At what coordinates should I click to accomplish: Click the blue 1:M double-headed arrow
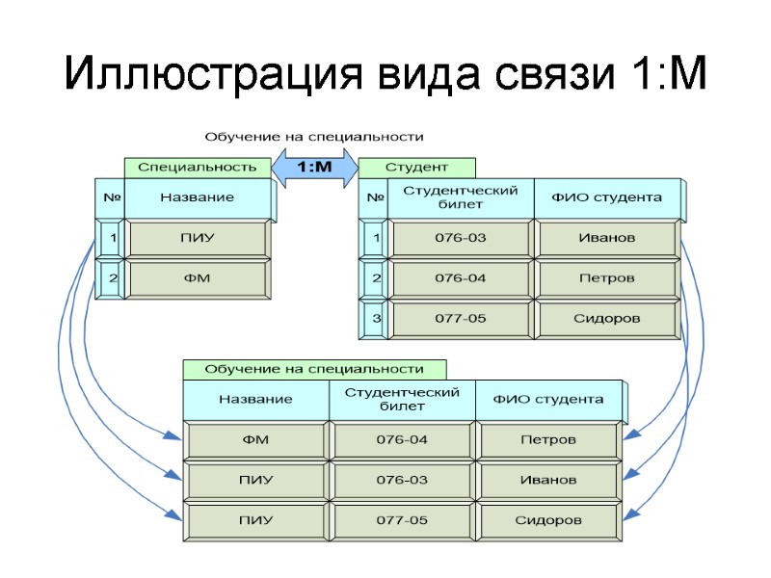[x=315, y=168]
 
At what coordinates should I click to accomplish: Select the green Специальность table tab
[x=197, y=167]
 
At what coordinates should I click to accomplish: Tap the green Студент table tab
[x=415, y=168]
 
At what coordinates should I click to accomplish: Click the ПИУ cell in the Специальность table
[x=197, y=238]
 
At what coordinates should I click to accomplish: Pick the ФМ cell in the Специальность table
[x=197, y=279]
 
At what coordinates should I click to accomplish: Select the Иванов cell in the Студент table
[x=606, y=238]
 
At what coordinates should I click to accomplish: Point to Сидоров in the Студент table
[x=606, y=319]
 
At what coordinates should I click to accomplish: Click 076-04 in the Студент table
[x=460, y=278]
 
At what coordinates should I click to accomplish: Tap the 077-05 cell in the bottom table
[x=402, y=520]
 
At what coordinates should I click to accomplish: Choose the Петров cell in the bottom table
[x=547, y=439]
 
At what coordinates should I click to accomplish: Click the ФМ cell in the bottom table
[x=255, y=439]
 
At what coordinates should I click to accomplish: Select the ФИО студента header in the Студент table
[x=606, y=197]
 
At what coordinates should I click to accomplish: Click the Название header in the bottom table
[x=255, y=399]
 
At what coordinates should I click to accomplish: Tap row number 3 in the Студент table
[x=376, y=319]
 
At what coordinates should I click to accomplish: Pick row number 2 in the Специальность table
[x=113, y=279]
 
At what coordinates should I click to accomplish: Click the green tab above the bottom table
[x=314, y=369]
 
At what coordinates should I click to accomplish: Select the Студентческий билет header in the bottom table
[x=402, y=399]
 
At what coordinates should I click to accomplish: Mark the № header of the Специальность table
[x=111, y=197]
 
